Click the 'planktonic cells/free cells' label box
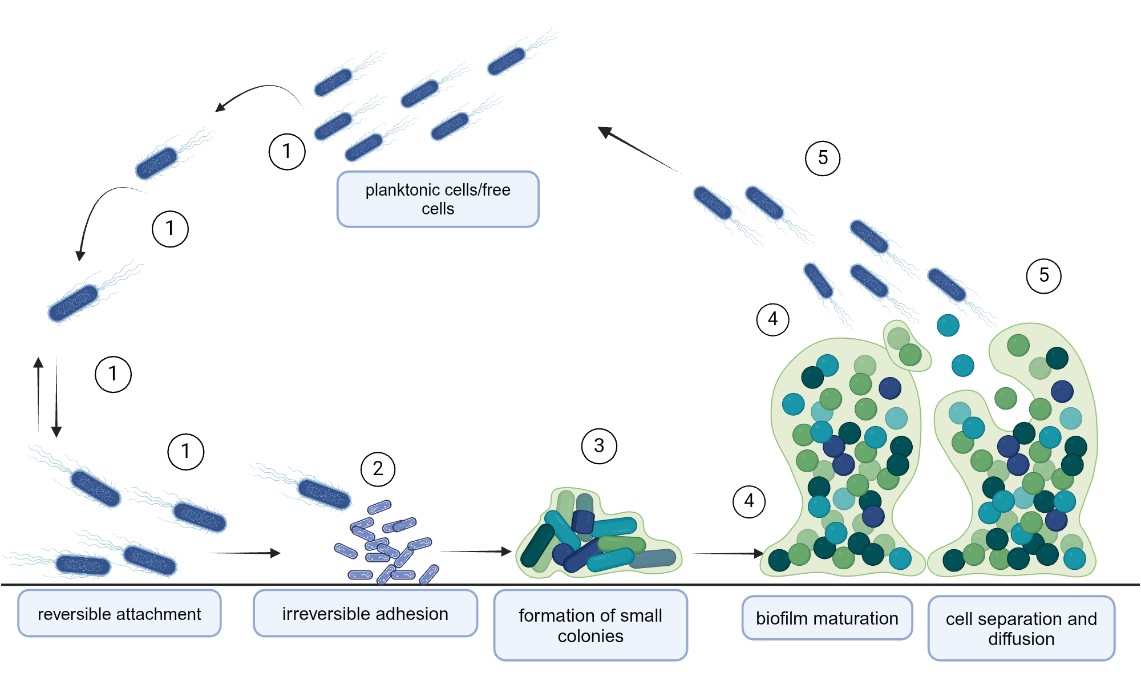click(x=438, y=199)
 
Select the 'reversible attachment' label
click(x=119, y=614)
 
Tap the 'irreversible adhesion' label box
click(x=365, y=614)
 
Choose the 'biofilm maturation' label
click(x=827, y=618)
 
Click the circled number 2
click(x=378, y=469)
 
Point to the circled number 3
click(x=599, y=446)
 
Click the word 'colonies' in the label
click(x=590, y=636)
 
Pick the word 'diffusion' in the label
click(x=1021, y=639)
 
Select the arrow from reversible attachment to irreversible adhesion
click(x=244, y=553)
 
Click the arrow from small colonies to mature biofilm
click(x=727, y=553)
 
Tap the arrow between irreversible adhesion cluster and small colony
click(x=475, y=552)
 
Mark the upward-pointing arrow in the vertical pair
click(x=38, y=394)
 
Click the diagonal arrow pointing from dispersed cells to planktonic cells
click(x=638, y=149)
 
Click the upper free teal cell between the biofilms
click(x=948, y=326)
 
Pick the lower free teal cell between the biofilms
click(x=962, y=366)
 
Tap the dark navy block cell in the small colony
click(x=583, y=521)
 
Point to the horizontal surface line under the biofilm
click(x=570, y=585)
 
